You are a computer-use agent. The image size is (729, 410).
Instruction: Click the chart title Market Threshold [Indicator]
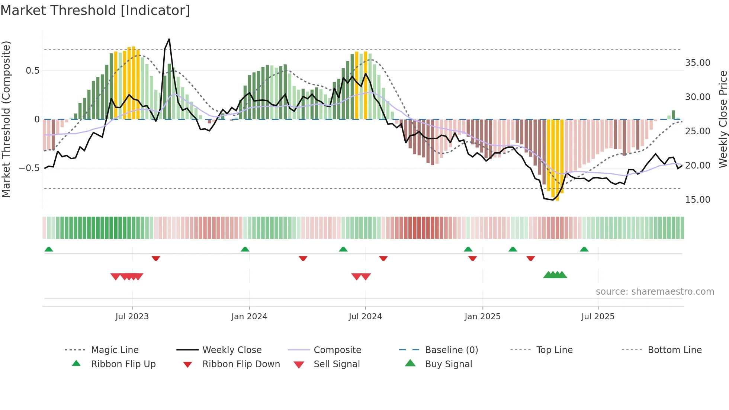tap(95, 10)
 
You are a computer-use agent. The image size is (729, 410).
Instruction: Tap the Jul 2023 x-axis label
tap(132, 317)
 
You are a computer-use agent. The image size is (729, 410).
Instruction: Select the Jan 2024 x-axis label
tap(249, 317)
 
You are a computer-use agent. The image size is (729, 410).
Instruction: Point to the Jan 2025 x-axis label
tap(482, 317)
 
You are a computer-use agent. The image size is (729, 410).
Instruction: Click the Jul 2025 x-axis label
tap(598, 317)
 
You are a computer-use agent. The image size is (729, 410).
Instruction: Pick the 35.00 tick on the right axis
tap(697, 63)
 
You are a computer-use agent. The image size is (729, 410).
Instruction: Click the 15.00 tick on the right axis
tap(697, 200)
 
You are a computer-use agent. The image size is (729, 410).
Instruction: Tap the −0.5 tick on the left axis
tap(29, 168)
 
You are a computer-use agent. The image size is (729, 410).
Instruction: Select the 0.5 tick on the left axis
tap(32, 71)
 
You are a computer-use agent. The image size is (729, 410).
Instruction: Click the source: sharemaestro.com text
tap(655, 292)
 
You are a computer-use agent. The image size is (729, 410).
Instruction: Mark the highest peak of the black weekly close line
tap(169, 39)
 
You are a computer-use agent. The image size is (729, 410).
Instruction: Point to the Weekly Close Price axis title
tap(723, 119)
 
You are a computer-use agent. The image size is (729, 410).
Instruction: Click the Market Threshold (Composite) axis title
tap(6, 119)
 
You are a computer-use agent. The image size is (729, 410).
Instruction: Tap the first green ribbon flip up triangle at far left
tap(49, 249)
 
